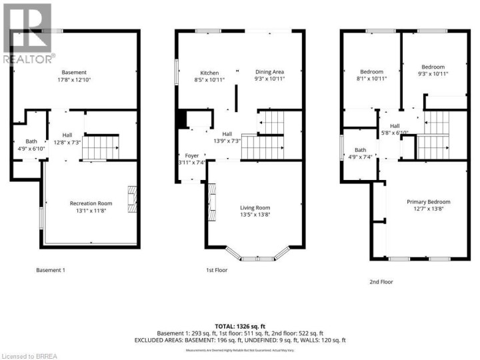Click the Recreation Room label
[91, 203]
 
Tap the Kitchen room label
[210, 73]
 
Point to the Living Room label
[255, 208]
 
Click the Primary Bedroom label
[428, 202]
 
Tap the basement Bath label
[31, 141]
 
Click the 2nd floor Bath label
[360, 150]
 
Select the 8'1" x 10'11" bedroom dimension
[371, 78]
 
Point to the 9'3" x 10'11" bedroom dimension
[433, 73]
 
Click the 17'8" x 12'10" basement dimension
[74, 79]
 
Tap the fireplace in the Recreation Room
[133, 198]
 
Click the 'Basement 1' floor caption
[50, 270]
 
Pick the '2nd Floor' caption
[381, 282]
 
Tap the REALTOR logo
[27, 33]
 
